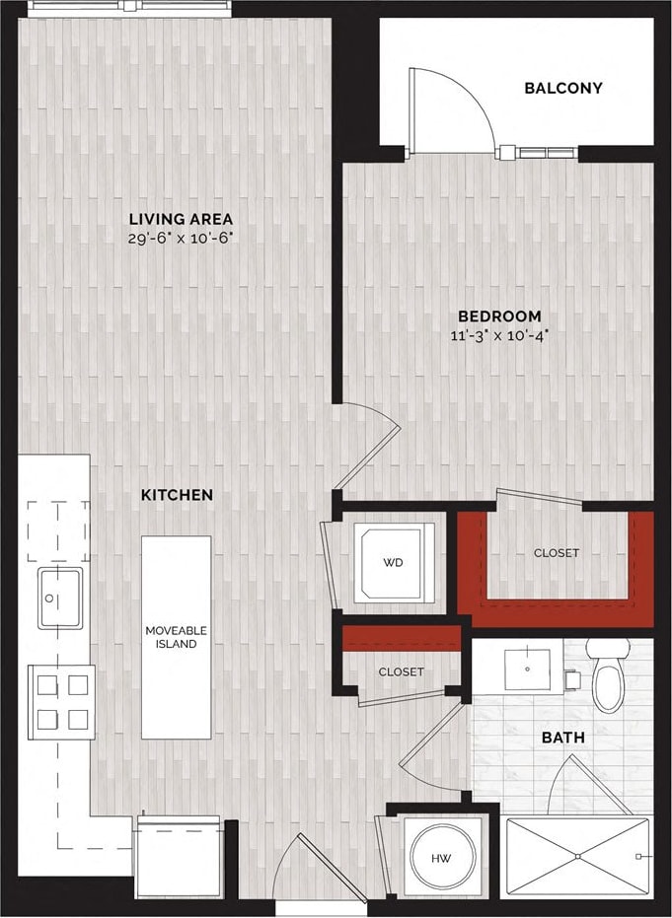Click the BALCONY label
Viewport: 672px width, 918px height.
click(x=562, y=88)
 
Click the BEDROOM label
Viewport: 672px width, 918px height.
click(x=498, y=316)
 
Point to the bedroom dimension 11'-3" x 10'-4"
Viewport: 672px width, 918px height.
click(x=498, y=334)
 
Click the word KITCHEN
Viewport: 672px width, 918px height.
click(x=177, y=494)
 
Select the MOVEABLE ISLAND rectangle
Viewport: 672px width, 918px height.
click(x=176, y=637)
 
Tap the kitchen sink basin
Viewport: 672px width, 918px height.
click(x=59, y=598)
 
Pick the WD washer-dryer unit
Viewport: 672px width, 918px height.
click(x=395, y=563)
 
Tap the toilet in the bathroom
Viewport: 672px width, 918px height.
click(x=608, y=675)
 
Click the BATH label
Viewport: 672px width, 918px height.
click(x=562, y=737)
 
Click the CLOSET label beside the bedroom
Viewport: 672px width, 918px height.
click(x=557, y=553)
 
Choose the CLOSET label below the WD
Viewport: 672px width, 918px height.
click(x=401, y=671)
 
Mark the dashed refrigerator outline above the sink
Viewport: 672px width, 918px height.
click(x=57, y=531)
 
